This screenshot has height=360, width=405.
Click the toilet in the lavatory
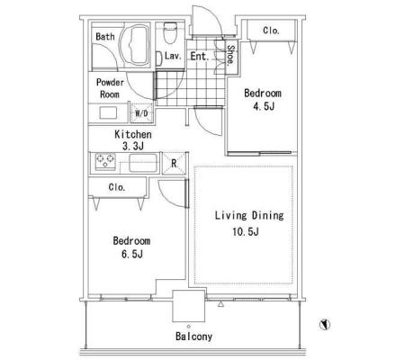170,32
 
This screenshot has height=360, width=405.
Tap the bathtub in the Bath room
134,46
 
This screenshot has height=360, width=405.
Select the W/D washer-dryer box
141,113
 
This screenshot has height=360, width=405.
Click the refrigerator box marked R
174,164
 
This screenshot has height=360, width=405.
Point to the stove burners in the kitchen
105,161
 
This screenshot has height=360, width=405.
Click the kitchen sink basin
143,163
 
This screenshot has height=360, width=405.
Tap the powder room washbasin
108,113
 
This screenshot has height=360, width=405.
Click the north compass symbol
325,324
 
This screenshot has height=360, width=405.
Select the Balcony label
193,337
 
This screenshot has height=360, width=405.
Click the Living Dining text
249,215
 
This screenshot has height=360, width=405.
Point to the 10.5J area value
246,231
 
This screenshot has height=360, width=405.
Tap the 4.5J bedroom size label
264,106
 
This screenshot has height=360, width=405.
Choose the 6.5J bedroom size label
132,254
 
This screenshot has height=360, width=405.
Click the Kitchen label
133,134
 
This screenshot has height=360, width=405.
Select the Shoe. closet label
230,54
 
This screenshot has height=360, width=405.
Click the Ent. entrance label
199,56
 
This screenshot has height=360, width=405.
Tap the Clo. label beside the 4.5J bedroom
271,31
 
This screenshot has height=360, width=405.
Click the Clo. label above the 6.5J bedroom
117,187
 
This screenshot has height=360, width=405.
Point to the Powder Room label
110,88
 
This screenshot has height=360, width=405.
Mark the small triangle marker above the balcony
220,304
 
